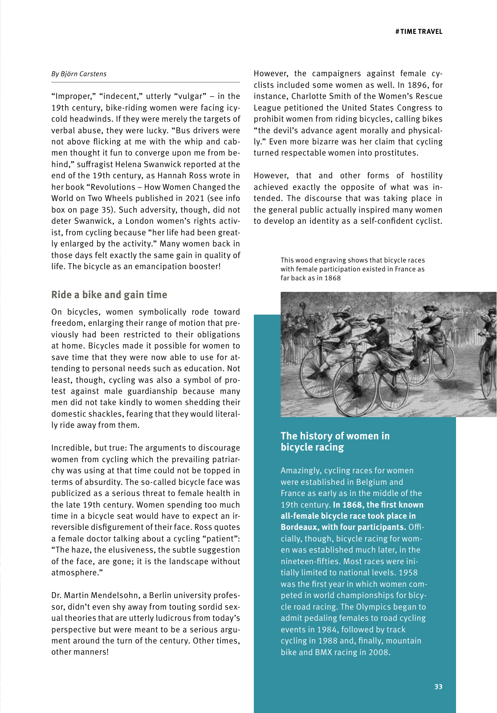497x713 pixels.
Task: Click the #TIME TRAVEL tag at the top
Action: click(x=419, y=32)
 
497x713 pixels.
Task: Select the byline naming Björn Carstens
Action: click(x=79, y=74)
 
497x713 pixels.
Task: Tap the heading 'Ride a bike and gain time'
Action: click(x=109, y=295)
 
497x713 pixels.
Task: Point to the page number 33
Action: click(x=438, y=687)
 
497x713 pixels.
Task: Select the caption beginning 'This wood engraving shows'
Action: click(x=352, y=269)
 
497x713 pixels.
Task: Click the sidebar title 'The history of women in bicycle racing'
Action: click(x=335, y=441)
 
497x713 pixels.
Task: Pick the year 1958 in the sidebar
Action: click(x=408, y=573)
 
